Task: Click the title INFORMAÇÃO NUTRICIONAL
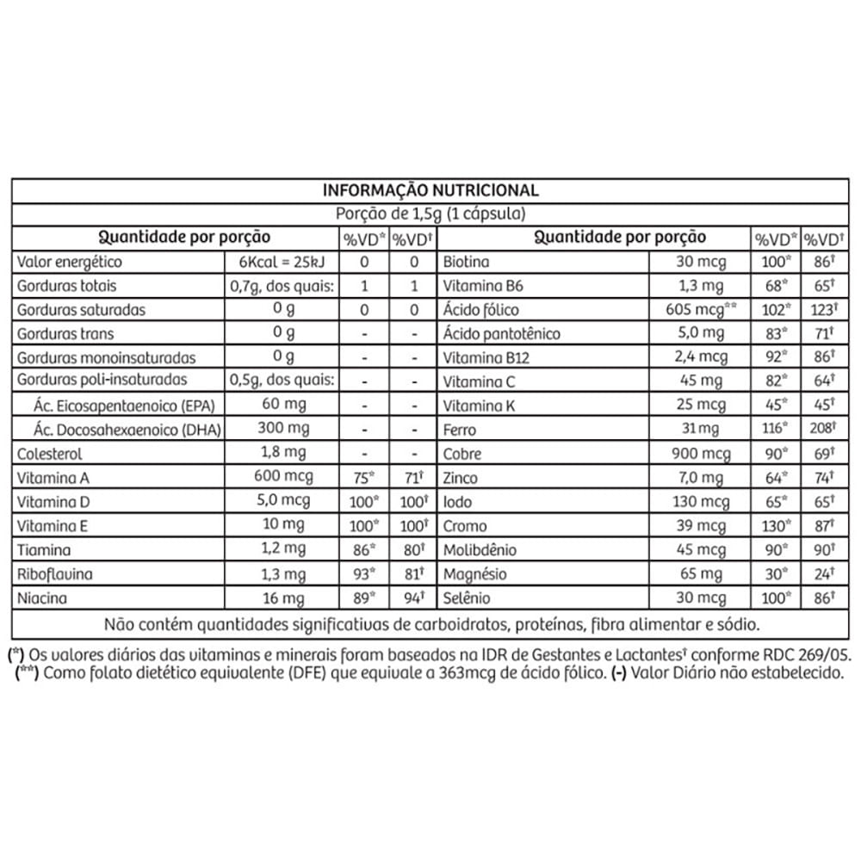pos(430,190)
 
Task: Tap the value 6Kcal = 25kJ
pos(280,262)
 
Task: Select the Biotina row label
pos(466,262)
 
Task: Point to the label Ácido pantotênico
pos(501,334)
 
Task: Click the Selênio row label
pos(467,598)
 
